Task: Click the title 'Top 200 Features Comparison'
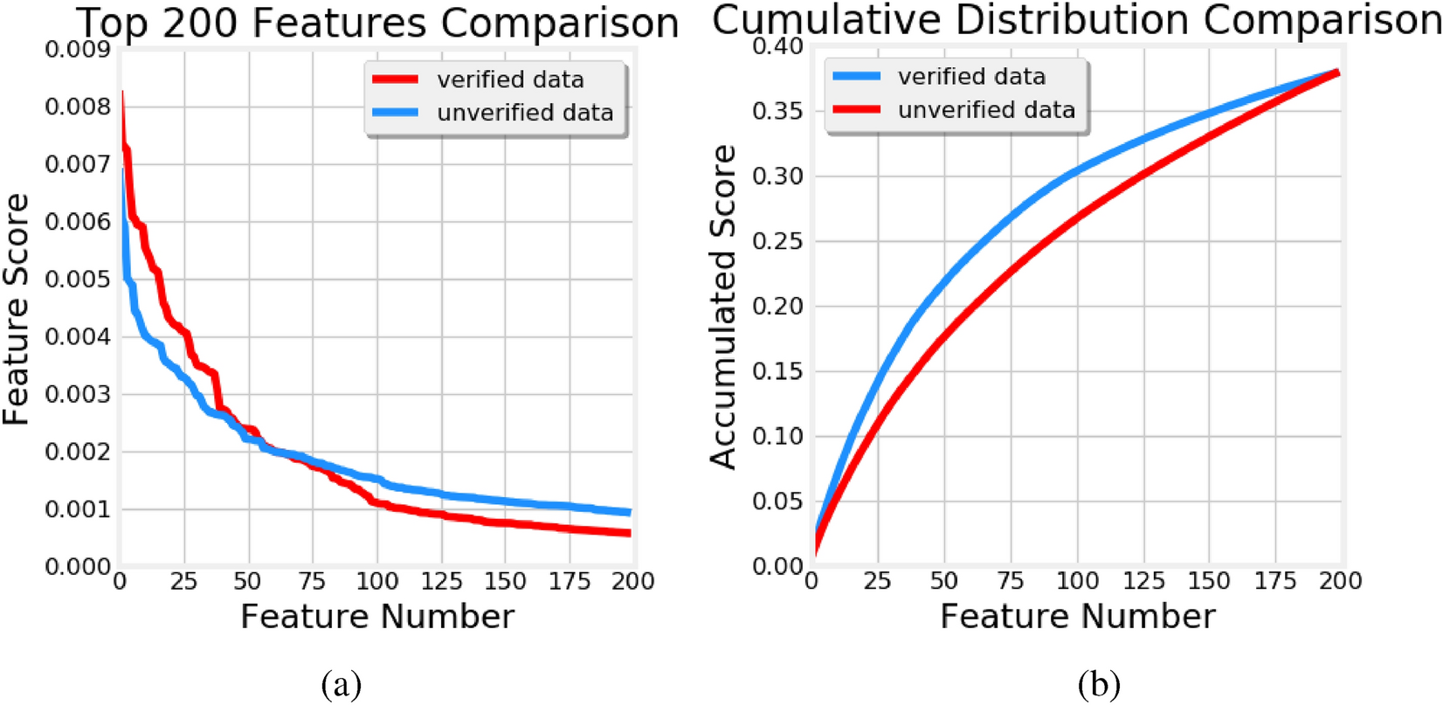[377, 24]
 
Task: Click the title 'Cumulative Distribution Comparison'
[1076, 20]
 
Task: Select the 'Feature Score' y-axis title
[17, 309]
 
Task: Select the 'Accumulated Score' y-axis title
[723, 308]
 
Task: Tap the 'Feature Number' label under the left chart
[377, 617]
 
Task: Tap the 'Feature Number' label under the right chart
[1077, 617]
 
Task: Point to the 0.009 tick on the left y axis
[78, 49]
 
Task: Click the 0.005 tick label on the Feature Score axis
[78, 280]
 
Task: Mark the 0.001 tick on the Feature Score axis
[78, 509]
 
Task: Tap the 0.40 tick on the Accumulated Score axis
[777, 45]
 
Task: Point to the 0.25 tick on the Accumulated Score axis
[777, 241]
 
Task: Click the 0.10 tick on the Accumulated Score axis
[777, 436]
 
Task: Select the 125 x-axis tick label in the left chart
[441, 582]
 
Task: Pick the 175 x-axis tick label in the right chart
[1275, 581]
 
